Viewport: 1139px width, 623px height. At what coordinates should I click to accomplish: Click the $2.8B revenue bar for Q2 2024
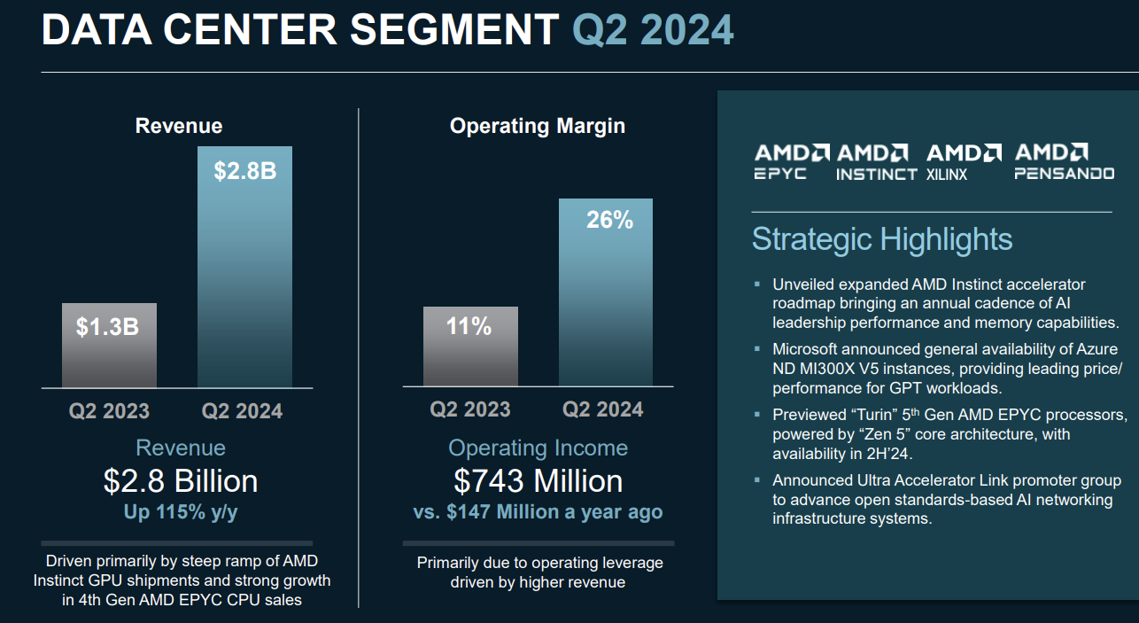[244, 266]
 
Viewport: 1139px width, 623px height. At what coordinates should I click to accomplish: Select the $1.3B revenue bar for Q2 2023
[109, 345]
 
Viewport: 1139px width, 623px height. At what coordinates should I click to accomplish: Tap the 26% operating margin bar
[605, 292]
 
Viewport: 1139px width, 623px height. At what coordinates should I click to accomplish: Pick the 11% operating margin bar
[469, 346]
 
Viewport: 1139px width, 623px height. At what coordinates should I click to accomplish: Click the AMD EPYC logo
[792, 162]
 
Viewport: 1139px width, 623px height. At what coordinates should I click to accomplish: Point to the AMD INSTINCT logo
[876, 162]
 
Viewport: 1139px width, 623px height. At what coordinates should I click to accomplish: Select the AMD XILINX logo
[964, 162]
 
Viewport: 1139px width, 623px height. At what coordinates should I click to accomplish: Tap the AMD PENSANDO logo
[1064, 162]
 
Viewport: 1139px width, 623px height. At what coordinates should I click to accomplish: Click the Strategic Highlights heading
[881, 239]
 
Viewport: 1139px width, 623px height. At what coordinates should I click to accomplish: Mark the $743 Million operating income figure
[538, 481]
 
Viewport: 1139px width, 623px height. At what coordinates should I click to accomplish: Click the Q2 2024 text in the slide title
[653, 30]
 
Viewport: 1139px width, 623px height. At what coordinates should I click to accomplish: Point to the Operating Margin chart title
[537, 126]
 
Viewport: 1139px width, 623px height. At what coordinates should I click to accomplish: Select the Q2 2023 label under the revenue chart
[109, 411]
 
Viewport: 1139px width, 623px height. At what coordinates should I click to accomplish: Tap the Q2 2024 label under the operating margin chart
[603, 409]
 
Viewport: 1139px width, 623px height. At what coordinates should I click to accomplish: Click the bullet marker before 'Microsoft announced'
[757, 348]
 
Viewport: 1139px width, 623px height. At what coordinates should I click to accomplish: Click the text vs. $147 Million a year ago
[538, 512]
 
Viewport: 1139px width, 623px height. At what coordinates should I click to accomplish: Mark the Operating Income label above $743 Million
[538, 448]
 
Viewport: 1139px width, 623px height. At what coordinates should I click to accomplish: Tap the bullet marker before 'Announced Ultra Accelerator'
[757, 479]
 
